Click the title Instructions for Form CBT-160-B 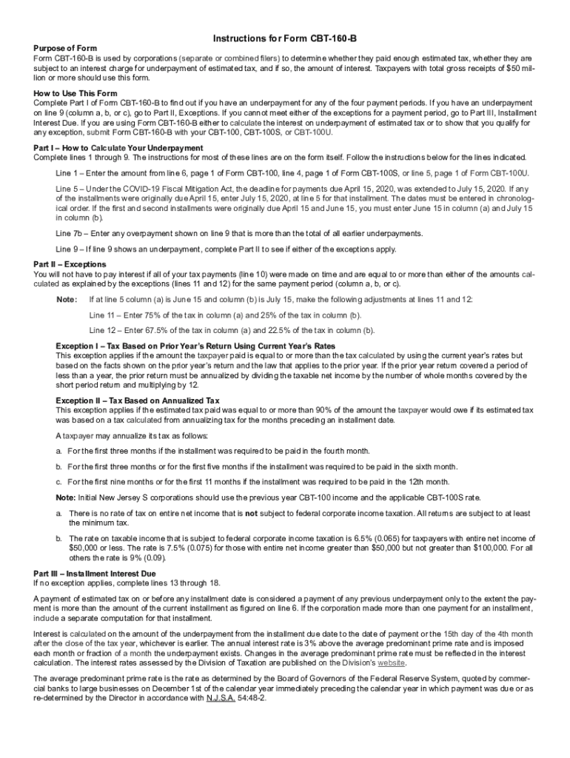click(x=286, y=38)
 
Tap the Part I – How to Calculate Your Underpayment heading click(x=118, y=148)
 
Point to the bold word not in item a click(x=251, y=513)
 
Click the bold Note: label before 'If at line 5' click(x=67, y=299)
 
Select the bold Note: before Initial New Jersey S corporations click(x=67, y=497)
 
